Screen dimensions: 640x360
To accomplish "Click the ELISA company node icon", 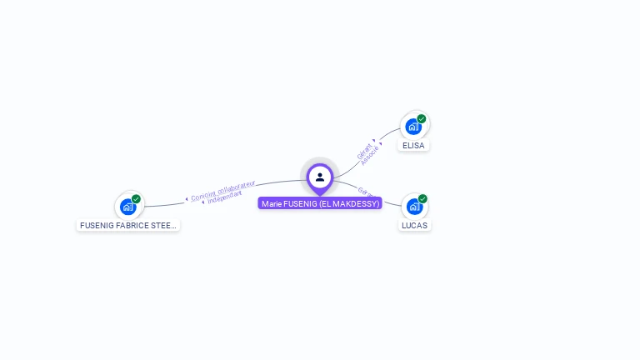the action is (412, 127).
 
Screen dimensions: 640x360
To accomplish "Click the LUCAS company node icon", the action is (413, 207).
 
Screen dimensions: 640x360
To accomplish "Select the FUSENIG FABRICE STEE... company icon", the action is (127, 206).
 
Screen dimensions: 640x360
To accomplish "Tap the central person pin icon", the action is (320, 177).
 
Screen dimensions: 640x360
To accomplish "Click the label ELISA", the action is (413, 146).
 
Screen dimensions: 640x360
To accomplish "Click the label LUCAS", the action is (414, 226).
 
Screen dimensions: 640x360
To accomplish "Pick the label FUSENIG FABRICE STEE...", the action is (127, 225).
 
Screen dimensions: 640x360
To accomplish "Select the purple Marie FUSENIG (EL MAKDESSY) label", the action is (320, 203).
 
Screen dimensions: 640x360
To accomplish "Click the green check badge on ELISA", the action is (422, 119).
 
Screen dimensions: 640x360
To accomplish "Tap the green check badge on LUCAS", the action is (422, 199).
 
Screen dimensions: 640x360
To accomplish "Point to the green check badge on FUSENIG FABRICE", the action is (136, 199).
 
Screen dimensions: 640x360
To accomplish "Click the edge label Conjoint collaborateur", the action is (223, 191).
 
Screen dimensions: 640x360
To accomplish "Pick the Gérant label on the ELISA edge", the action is (364, 151).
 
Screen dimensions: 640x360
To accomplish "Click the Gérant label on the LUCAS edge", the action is (365, 192).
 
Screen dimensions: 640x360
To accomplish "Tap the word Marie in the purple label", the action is (271, 203).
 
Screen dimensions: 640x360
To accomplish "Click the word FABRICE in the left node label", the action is (133, 225).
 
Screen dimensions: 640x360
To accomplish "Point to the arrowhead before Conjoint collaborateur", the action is (187, 198).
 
